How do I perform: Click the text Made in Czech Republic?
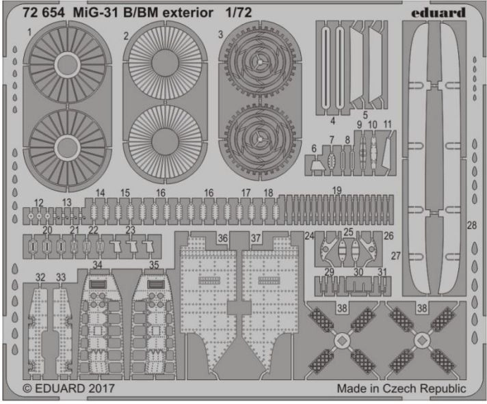pyautogui.click(x=401, y=388)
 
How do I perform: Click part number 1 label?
pyautogui.click(x=29, y=32)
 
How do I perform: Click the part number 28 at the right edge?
pyautogui.click(x=471, y=226)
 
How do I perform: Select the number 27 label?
pyautogui.click(x=395, y=255)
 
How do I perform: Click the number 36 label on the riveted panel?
pyautogui.click(x=223, y=237)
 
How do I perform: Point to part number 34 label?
pyautogui.click(x=98, y=264)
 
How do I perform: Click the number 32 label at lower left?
pyautogui.click(x=40, y=277)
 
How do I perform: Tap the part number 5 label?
pyautogui.click(x=365, y=115)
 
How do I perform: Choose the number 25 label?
pyautogui.click(x=349, y=232)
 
